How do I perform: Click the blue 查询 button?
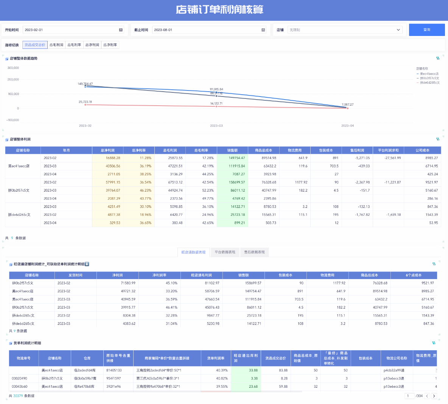[426, 30]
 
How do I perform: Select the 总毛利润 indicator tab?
[56, 45]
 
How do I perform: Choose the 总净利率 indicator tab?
[110, 45]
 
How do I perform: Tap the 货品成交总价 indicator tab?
[35, 45]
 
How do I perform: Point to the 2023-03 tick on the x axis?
[216, 126]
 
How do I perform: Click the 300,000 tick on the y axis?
[13, 68]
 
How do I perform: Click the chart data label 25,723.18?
[85, 102]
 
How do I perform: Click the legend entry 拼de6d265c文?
[429, 83]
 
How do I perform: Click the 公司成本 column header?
[422, 150]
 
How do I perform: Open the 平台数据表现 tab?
[225, 252]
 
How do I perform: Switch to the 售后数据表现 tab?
[254, 252]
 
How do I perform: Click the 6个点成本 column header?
[414, 275]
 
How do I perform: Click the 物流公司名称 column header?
[397, 358]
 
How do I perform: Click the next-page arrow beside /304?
[434, 396]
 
